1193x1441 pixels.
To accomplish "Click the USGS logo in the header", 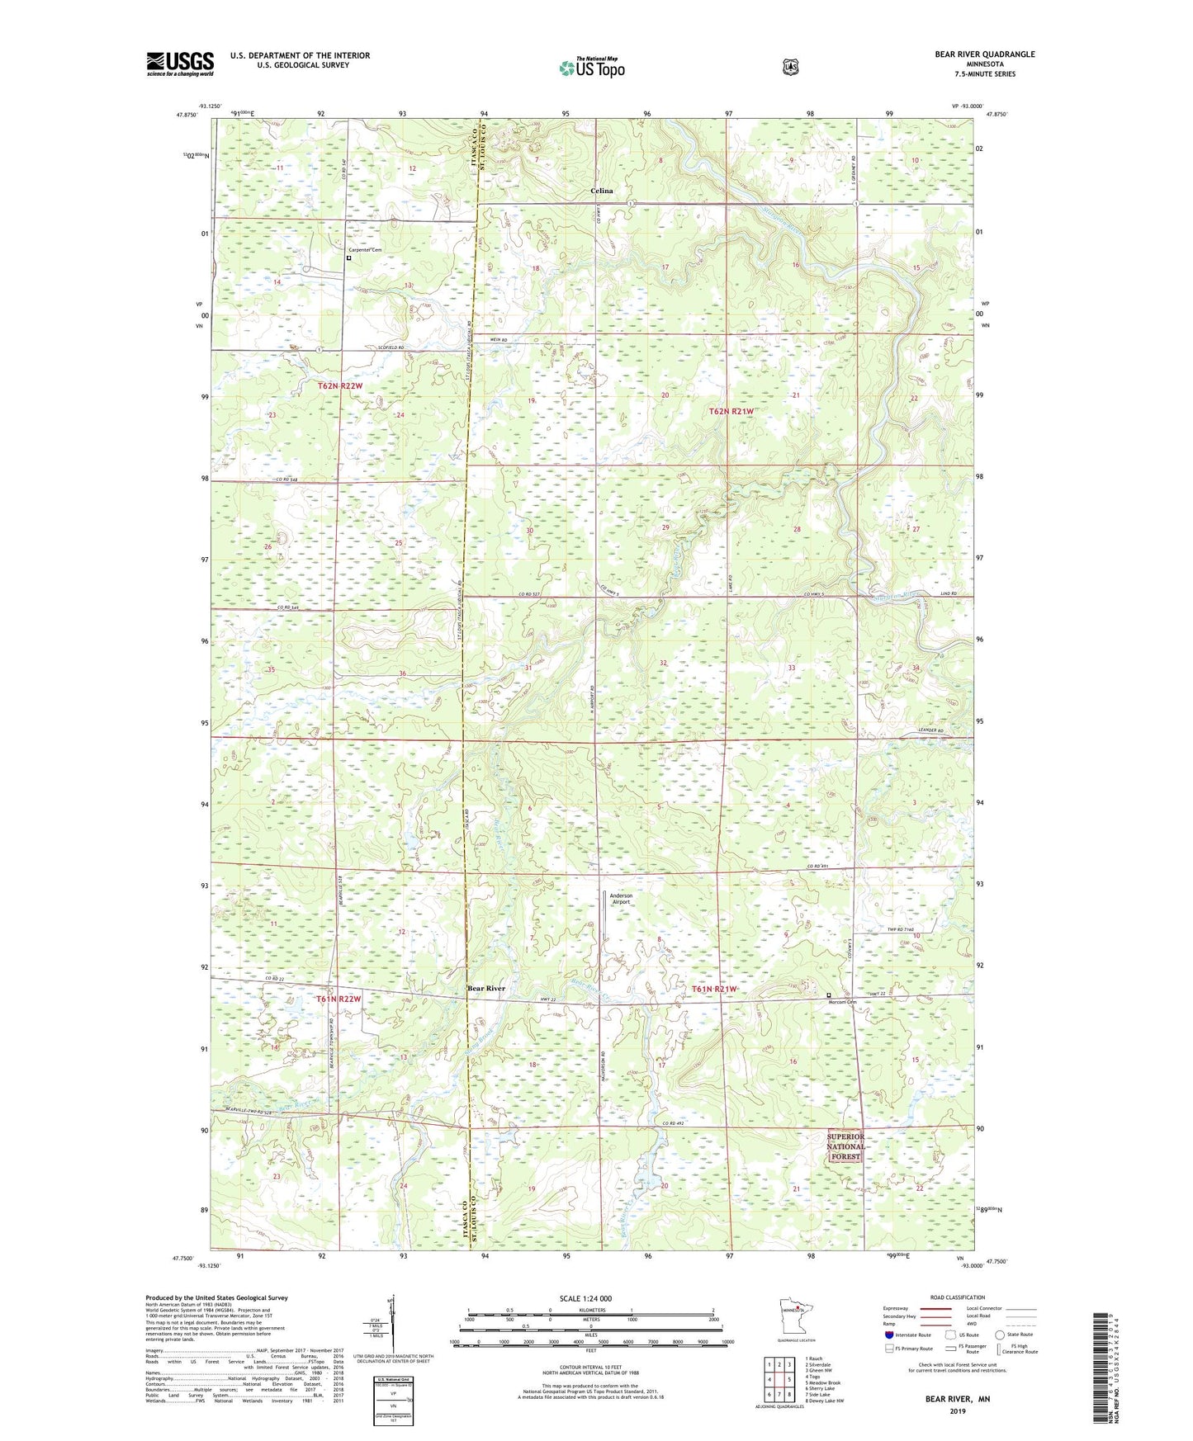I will (180, 64).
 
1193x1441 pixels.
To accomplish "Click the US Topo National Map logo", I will (590, 68).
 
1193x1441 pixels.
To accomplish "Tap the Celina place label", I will (602, 191).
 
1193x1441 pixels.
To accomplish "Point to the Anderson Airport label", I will (621, 899).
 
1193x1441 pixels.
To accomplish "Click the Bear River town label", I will (486, 988).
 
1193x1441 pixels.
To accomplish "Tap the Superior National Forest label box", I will (845, 1146).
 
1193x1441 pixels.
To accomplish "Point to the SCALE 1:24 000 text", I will (585, 1299).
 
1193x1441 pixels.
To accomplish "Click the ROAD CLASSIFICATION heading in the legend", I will (957, 1297).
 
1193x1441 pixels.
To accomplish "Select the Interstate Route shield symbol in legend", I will (889, 1335).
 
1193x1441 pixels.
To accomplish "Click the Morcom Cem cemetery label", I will (845, 1003).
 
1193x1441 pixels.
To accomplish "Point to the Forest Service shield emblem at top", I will (791, 67).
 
